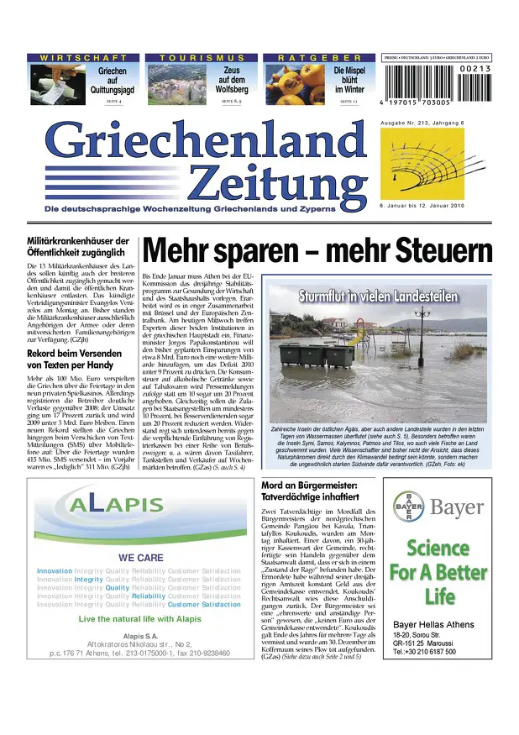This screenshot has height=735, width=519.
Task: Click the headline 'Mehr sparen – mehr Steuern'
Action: [x=317, y=250]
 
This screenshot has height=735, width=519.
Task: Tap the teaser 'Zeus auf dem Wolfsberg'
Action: [x=232, y=81]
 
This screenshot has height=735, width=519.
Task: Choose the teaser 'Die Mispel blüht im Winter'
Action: [x=349, y=81]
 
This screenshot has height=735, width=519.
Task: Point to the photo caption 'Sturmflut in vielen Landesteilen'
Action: [x=377, y=297]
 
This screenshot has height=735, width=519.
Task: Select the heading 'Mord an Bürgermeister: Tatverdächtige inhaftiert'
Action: [x=310, y=491]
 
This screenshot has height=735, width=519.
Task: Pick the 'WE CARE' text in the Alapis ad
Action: [x=134, y=558]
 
